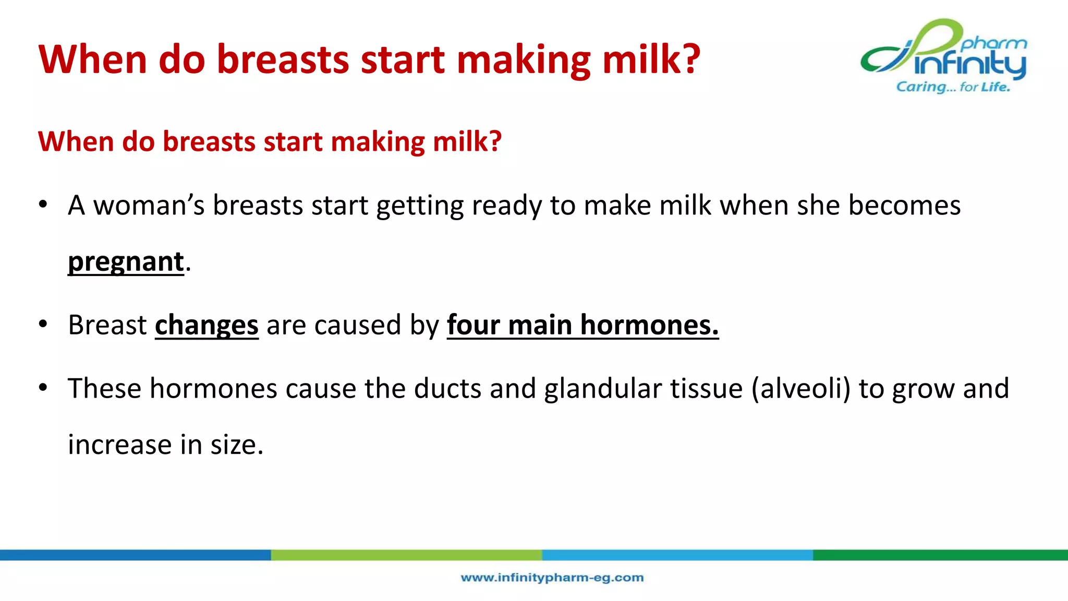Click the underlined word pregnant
pos(126,262)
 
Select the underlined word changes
pos(207,326)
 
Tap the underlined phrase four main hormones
pos(582,326)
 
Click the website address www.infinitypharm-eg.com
pos(552,578)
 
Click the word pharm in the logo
pos(994,44)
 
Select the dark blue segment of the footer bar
pos(136,555)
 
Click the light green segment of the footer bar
pos(406,555)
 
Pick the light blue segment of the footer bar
pos(677,555)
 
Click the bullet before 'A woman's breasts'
pos(43,205)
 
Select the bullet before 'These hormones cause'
pos(43,388)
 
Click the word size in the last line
pos(236,446)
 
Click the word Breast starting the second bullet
pos(107,326)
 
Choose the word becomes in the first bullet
pos(904,206)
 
